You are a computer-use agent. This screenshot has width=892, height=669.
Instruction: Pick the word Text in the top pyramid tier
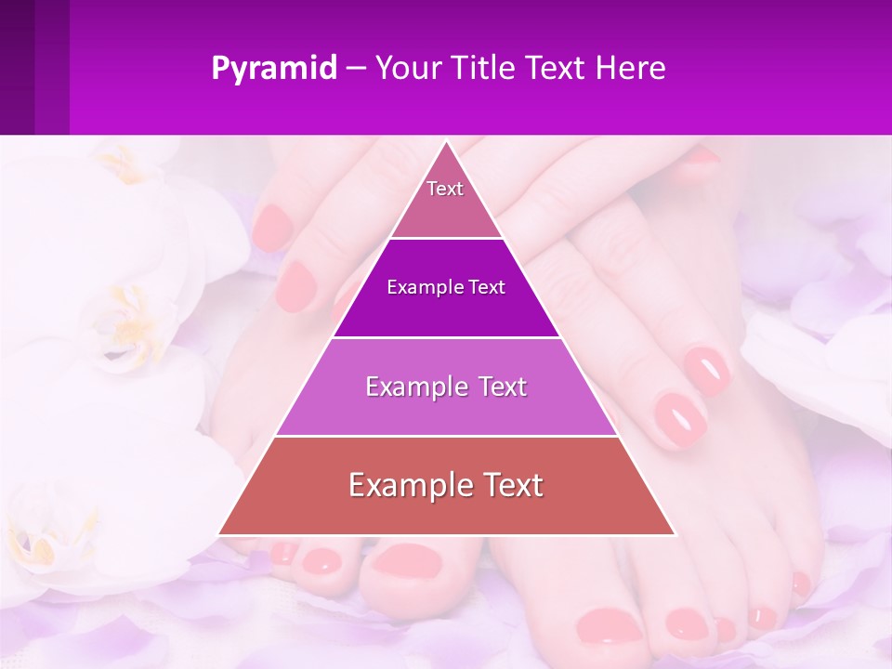(x=445, y=189)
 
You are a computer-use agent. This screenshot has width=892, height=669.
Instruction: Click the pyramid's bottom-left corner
(x=219, y=534)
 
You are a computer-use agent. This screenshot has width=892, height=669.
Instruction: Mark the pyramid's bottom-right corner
(x=675, y=534)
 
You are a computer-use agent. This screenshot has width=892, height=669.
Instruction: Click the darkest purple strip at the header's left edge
(x=17, y=67)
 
